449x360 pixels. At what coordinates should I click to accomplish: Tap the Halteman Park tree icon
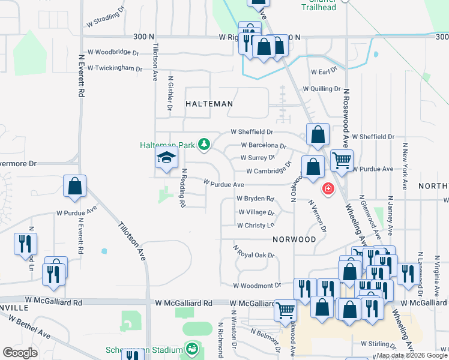click(205, 144)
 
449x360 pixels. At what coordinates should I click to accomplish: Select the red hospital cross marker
click(328, 189)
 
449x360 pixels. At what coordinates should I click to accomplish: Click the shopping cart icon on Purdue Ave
click(342, 160)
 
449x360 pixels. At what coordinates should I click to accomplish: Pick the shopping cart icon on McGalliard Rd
click(285, 310)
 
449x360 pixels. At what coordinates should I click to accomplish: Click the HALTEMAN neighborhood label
click(209, 104)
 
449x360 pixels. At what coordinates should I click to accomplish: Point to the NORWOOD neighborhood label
click(294, 239)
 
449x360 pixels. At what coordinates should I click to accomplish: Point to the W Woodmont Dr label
click(257, 286)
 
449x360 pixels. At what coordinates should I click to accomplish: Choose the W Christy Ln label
click(256, 226)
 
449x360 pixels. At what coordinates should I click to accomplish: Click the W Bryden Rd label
click(255, 198)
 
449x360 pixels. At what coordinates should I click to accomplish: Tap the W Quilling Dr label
click(322, 88)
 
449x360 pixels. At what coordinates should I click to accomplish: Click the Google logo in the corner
click(20, 353)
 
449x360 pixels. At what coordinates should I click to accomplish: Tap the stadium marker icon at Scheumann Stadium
click(192, 348)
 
